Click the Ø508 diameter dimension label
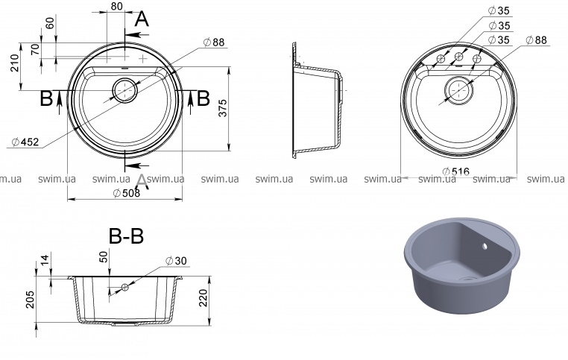tap(127, 193)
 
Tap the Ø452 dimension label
tap(25, 142)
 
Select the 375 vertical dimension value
tap(223, 108)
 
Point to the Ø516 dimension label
tap(455, 171)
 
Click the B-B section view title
tap(126, 236)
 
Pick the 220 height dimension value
tap(203, 297)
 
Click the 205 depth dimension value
tap(30, 299)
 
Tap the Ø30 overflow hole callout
tap(176, 260)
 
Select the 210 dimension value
tap(14, 63)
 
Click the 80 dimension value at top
tap(116, 6)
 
